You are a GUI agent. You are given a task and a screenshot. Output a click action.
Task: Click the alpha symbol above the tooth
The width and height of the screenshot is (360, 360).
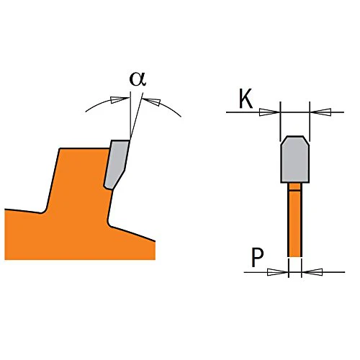click(x=138, y=79)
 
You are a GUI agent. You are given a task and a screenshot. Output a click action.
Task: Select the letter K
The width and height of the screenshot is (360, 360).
click(x=246, y=99)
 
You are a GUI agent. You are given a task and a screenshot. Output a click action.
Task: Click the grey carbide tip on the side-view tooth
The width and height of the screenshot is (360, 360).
click(x=117, y=163)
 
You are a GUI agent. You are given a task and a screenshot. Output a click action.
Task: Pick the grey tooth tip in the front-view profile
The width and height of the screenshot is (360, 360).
click(x=295, y=159)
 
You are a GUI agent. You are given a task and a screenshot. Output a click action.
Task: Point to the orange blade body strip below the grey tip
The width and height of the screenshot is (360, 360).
click(x=294, y=220)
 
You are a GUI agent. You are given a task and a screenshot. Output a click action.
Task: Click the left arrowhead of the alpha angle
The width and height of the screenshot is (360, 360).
click(x=120, y=99)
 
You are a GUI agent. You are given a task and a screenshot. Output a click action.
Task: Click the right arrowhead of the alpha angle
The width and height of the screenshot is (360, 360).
click(x=153, y=102)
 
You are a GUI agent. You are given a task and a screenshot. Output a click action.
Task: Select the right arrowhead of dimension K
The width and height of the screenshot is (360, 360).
click(x=321, y=112)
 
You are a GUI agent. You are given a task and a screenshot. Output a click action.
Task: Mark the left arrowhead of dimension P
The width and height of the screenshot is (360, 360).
click(x=277, y=272)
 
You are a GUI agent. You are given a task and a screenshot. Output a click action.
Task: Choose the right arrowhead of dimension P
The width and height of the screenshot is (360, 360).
click(x=312, y=272)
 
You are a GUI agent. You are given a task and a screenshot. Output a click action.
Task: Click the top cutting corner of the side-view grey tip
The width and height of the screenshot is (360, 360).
click(x=130, y=140)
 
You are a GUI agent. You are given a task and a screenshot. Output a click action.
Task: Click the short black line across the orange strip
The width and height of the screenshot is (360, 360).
click(x=294, y=191)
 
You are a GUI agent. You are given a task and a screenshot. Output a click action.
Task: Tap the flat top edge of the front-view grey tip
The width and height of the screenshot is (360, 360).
click(x=295, y=136)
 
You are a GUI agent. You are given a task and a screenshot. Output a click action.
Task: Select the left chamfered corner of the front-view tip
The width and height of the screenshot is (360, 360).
click(x=284, y=140)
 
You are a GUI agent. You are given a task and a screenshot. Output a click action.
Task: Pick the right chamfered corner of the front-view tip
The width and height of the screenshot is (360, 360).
click(x=306, y=140)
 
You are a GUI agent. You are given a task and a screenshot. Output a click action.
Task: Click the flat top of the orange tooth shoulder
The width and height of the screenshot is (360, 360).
click(x=84, y=148)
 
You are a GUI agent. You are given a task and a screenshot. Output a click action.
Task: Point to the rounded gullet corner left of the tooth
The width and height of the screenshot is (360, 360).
click(x=44, y=212)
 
